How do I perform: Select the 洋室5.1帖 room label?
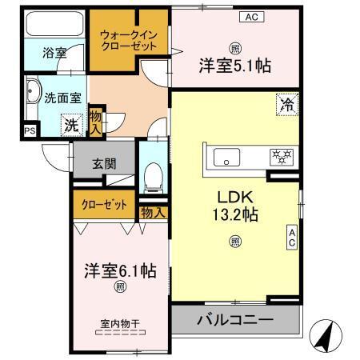point(235,67)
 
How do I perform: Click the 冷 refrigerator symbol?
point(286,103)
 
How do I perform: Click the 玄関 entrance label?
point(104,164)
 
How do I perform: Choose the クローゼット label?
point(106,205)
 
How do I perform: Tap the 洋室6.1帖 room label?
point(121,270)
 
